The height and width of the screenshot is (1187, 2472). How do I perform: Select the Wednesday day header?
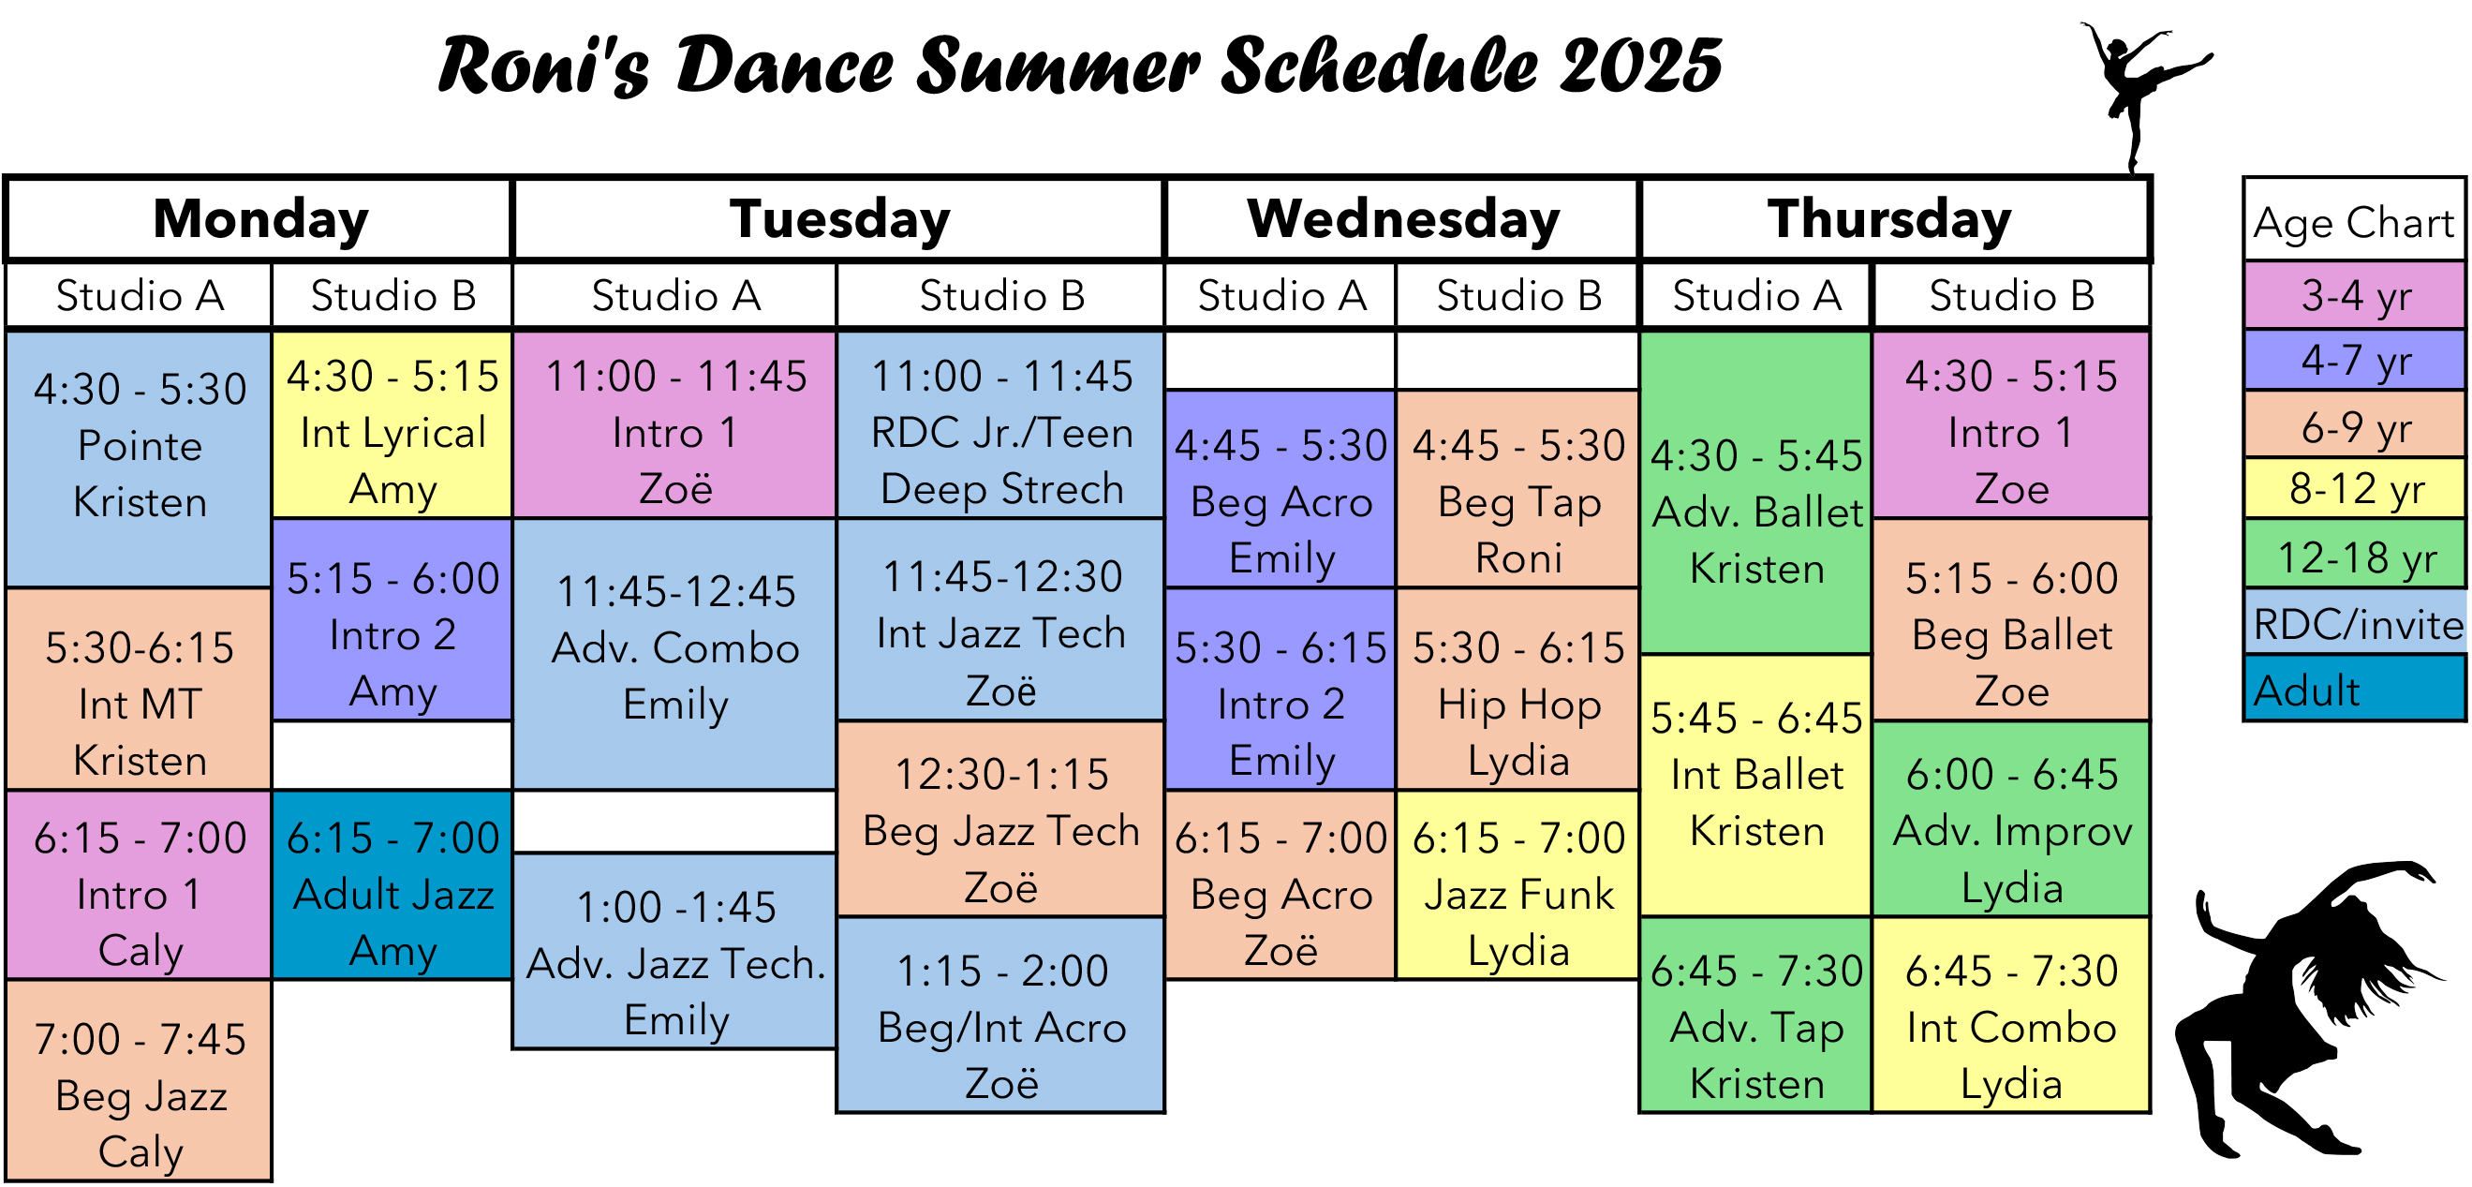click(1402, 219)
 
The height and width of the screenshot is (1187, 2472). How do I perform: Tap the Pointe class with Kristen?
click(140, 459)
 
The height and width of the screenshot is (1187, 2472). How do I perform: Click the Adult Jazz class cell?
click(392, 884)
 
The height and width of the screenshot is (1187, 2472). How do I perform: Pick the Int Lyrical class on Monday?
click(392, 424)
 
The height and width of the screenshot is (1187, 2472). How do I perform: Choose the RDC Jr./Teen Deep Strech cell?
click(1001, 424)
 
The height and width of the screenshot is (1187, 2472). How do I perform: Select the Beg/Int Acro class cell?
click(1001, 1015)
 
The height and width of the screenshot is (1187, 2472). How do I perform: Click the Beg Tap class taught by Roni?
click(1517, 488)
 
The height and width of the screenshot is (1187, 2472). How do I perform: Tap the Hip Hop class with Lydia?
click(1517, 689)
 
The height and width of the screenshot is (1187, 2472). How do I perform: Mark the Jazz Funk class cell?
click(1517, 884)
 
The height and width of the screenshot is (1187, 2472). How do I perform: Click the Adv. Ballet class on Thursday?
click(1756, 492)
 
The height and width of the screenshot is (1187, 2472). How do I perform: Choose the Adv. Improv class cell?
click(2011, 819)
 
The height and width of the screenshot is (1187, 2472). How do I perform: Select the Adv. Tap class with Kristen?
click(1756, 1015)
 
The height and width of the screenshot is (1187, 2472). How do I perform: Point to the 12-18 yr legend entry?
click(2356, 555)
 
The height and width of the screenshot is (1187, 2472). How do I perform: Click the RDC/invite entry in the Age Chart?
click(2356, 622)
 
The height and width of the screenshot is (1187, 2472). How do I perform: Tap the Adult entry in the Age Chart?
click(2356, 687)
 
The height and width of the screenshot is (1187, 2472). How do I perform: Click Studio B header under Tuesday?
click(1001, 295)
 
